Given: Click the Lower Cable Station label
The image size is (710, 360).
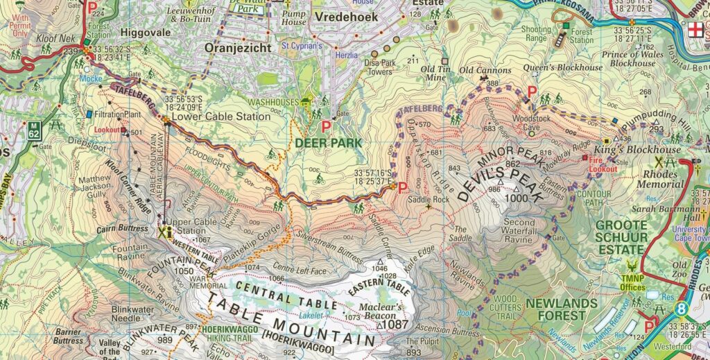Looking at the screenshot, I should [x=220, y=117].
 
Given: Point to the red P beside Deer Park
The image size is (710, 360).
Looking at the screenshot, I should [x=327, y=127].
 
